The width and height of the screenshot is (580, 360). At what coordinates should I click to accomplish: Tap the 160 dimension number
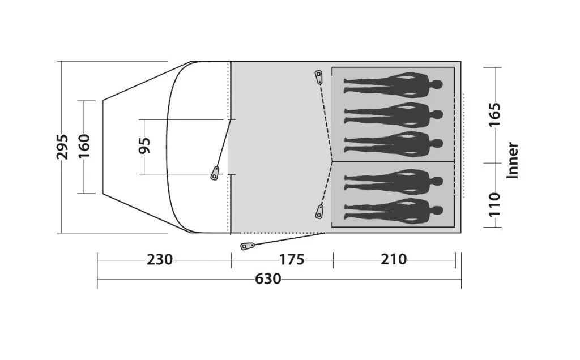click(84, 147)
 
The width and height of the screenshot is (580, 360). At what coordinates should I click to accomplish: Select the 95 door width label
click(146, 146)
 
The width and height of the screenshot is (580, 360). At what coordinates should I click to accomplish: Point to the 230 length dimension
click(160, 260)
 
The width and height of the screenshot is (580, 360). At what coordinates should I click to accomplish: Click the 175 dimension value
click(292, 260)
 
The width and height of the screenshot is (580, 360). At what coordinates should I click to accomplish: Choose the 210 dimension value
click(394, 260)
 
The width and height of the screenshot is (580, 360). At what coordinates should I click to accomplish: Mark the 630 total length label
click(268, 279)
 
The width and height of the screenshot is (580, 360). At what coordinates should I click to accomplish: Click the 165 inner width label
click(494, 115)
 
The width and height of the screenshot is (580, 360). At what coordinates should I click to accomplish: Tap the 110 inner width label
click(494, 205)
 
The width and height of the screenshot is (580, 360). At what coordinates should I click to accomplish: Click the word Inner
click(513, 160)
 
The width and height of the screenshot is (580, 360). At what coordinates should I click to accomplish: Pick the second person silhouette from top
click(393, 115)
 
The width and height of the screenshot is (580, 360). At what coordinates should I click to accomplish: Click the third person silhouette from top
click(393, 144)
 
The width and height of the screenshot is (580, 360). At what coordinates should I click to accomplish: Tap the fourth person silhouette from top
click(393, 181)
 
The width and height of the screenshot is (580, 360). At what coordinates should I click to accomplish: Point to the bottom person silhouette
click(393, 210)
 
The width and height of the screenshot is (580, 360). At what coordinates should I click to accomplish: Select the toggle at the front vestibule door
click(215, 173)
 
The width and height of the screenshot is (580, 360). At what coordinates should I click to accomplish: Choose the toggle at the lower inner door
click(319, 212)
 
